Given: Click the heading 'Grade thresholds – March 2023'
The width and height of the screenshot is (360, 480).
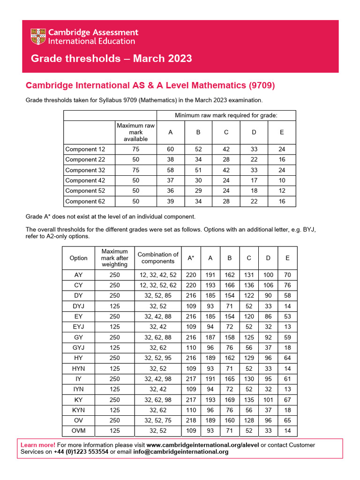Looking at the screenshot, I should (111, 59).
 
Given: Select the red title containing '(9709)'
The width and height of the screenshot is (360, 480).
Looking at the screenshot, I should (150, 85).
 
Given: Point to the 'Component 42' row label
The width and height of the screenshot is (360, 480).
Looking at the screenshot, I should (85, 180).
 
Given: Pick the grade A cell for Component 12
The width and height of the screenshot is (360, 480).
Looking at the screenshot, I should (170, 150).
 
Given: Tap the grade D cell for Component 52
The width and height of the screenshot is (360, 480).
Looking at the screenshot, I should (254, 191).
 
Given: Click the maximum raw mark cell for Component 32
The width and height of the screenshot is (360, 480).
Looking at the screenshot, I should (135, 170).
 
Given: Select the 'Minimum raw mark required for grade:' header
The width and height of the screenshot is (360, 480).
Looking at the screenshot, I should (226, 115).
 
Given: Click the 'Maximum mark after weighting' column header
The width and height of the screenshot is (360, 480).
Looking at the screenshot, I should (114, 258).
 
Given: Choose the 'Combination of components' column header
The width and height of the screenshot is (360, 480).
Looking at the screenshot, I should (158, 258).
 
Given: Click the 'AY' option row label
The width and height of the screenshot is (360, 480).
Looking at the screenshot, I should (78, 275).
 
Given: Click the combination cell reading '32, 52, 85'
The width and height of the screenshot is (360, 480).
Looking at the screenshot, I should (158, 296).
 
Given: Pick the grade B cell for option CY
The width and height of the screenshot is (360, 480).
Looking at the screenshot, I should (230, 285).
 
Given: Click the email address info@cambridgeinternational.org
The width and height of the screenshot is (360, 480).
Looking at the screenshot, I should (173, 452).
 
